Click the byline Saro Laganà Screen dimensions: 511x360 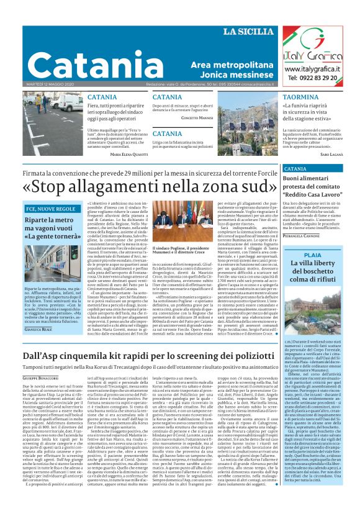(332, 153)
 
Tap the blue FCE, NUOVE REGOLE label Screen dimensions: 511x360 (50, 209)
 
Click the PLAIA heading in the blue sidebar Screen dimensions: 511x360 (313, 255)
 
